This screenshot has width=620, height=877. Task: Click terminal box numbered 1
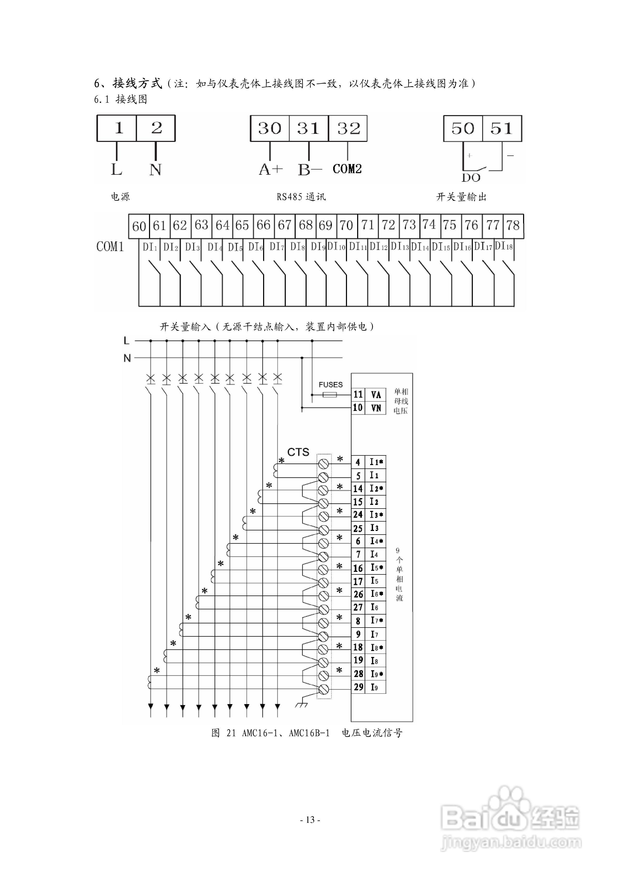(x=117, y=128)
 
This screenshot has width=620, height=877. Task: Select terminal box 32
(x=348, y=128)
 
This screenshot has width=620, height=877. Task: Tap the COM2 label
(x=347, y=169)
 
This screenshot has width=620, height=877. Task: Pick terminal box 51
(x=502, y=128)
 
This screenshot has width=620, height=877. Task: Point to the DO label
(x=471, y=178)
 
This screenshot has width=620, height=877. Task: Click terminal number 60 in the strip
(x=139, y=226)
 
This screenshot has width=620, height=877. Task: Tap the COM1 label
(x=110, y=247)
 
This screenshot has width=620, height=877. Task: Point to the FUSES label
(x=331, y=385)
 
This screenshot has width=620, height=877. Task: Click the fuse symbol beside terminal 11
(x=330, y=394)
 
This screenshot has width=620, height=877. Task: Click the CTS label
(x=298, y=452)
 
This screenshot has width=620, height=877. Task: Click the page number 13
(x=310, y=820)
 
